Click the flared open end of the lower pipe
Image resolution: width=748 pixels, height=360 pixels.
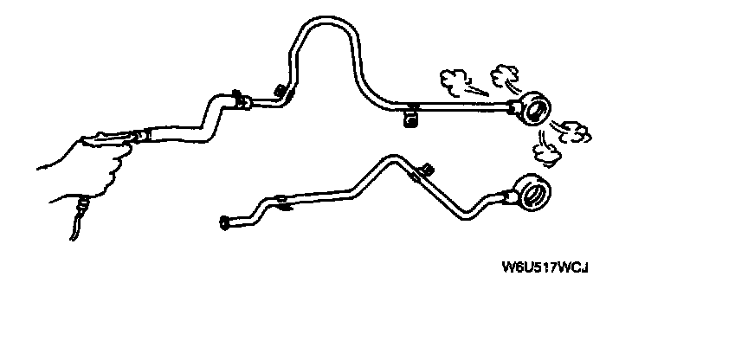pyautogui.click(x=225, y=224)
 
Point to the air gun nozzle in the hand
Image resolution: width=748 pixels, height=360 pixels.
pyautogui.click(x=139, y=135)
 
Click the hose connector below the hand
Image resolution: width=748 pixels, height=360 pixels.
pyautogui.click(x=82, y=206)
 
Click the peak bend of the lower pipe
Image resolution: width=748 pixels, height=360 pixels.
pyautogui.click(x=386, y=157)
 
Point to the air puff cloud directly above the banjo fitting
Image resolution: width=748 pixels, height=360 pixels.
pyautogui.click(x=503, y=76)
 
